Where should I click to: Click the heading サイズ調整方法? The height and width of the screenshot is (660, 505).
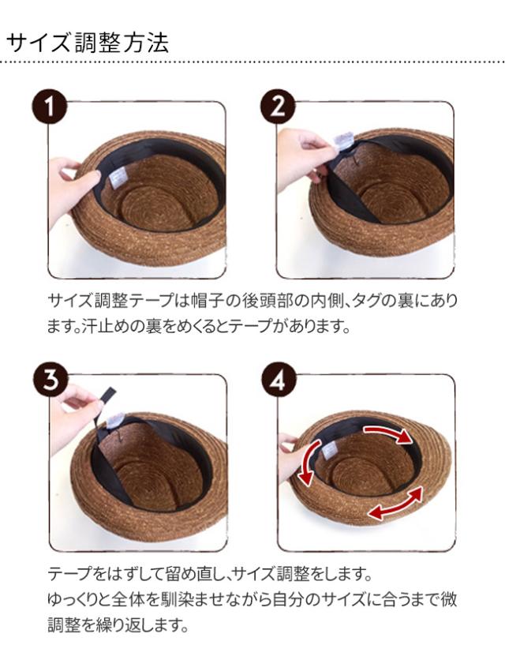(x=88, y=43)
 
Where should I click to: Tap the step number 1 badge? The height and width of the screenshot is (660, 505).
(x=50, y=106)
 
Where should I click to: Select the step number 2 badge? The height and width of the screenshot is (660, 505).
(x=278, y=106)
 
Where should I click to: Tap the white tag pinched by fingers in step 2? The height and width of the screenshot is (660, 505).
(x=345, y=141)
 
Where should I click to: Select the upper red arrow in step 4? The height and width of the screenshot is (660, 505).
(x=387, y=433)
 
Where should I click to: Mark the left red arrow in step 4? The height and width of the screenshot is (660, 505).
(x=309, y=463)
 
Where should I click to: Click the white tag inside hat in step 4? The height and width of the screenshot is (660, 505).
(x=329, y=452)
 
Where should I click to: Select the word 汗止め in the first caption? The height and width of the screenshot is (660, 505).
(x=106, y=327)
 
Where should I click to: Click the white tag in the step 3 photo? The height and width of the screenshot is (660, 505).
(x=114, y=420)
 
